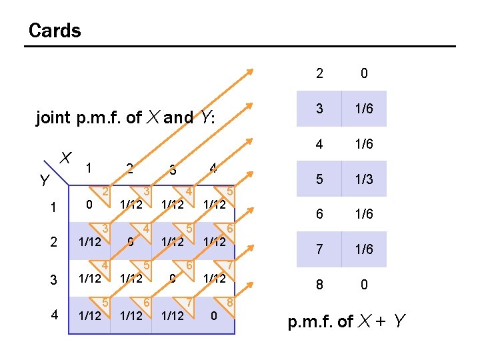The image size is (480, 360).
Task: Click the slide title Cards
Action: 55,31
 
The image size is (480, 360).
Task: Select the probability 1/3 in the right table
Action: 364,179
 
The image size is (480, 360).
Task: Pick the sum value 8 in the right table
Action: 320,285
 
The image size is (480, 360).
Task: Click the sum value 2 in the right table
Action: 320,73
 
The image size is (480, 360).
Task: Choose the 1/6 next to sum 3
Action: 364,109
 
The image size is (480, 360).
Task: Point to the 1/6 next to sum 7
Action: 364,250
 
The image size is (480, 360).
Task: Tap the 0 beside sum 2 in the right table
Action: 364,73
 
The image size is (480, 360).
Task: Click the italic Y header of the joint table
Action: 44,181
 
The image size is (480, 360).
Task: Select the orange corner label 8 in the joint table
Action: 229,301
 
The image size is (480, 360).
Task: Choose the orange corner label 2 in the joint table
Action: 105,192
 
